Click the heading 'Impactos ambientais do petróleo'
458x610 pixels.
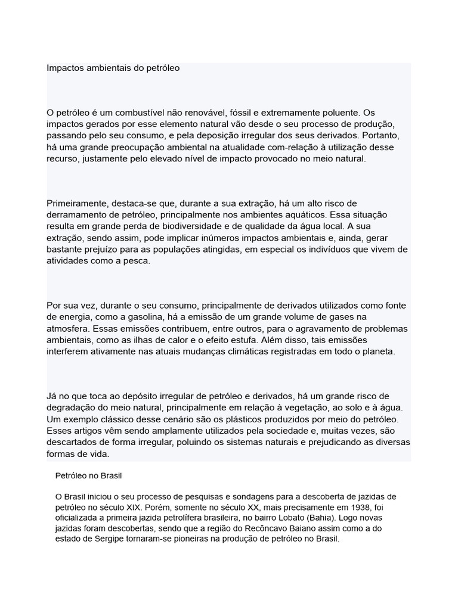point(113,68)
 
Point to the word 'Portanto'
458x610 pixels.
point(389,135)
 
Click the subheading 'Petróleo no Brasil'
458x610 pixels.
point(89,477)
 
